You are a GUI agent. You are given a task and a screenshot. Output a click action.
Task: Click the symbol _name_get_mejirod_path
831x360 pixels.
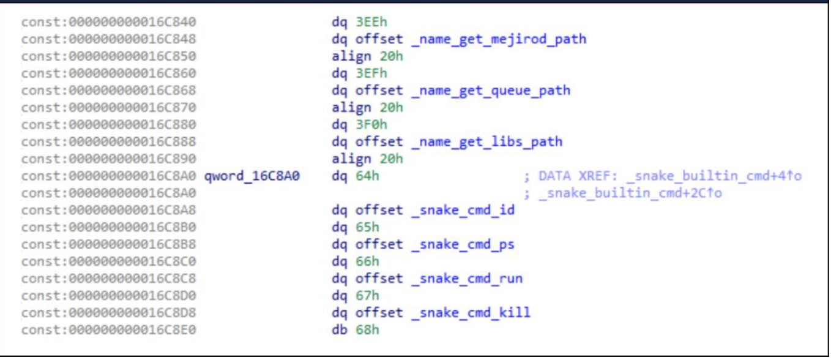click(499, 39)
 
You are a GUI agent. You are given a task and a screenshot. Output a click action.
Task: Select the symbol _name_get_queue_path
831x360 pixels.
click(491, 91)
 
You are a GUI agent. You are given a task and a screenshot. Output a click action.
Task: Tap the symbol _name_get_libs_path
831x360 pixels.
click(486, 142)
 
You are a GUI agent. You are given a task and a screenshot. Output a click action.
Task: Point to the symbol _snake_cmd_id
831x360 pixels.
click(463, 211)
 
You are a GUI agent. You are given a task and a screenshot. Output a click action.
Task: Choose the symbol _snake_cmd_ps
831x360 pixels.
click(463, 245)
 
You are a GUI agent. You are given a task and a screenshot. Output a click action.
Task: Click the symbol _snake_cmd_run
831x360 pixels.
click(467, 279)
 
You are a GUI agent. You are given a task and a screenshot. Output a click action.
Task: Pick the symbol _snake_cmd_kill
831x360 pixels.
click(471, 313)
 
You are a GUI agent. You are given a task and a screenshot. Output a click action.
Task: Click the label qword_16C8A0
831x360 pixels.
click(253, 176)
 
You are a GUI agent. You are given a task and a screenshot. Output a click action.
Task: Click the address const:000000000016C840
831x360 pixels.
click(109, 22)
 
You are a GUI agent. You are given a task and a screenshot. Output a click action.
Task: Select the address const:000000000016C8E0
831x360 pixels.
click(109, 331)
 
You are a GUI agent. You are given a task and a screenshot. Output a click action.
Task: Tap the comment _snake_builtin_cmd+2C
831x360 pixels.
click(630, 193)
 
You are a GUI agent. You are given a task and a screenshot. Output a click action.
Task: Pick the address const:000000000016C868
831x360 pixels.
click(109, 91)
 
